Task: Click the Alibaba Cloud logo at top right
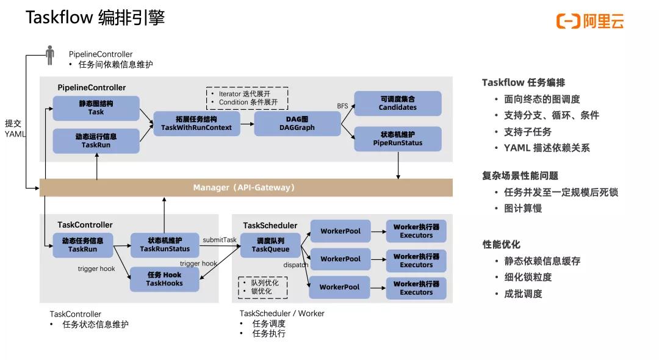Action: point(589,21)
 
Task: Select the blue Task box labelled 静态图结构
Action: point(96,108)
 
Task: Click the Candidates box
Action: point(397,103)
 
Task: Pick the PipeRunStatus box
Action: point(397,139)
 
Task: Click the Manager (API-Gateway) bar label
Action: point(244,187)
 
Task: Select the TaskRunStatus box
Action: point(164,245)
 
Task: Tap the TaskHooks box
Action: point(164,279)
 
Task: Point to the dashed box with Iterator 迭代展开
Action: point(247,98)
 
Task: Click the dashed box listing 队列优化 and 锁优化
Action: point(262,287)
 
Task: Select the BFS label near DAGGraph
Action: point(342,106)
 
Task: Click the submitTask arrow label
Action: point(219,240)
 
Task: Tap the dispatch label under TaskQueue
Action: point(295,265)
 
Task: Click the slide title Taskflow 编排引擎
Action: point(95,18)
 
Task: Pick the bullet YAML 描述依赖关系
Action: point(546,148)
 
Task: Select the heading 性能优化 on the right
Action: point(501,244)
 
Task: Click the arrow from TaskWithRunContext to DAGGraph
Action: point(246,123)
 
